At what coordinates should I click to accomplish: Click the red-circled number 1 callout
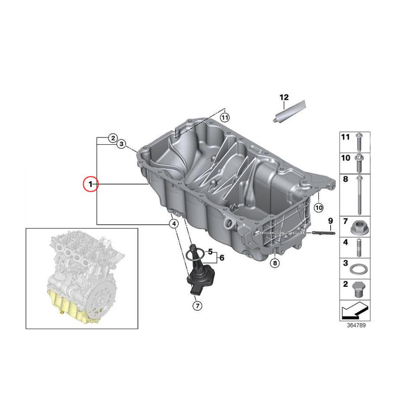coord(90,184)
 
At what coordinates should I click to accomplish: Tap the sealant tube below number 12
coord(283,112)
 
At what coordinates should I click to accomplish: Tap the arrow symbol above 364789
coord(355,311)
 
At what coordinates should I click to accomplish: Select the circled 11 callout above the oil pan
coord(225,117)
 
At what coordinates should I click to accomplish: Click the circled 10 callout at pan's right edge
coord(318,208)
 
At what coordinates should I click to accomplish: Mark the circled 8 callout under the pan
coord(275,263)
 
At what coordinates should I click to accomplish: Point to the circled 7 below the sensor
coord(197,306)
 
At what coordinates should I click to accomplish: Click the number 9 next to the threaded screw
coord(330,221)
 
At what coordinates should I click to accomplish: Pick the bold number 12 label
coord(284,97)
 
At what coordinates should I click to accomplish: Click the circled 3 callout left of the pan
coord(121,144)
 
